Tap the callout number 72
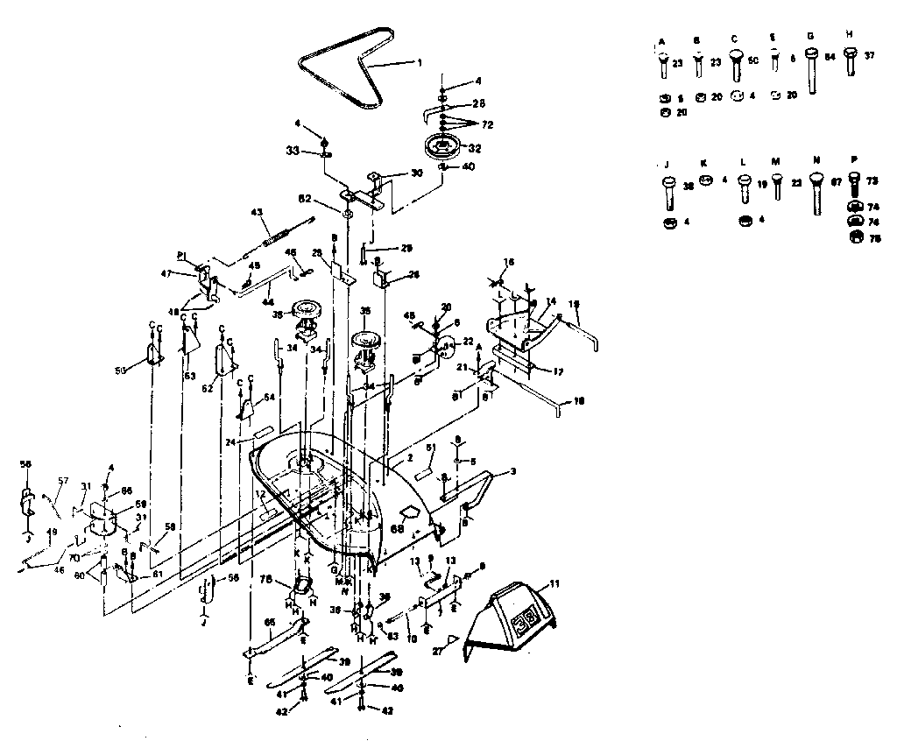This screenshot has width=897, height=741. (487, 125)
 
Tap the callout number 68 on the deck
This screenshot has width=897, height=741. (397, 528)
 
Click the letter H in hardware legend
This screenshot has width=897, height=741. (850, 33)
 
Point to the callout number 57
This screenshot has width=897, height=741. (62, 481)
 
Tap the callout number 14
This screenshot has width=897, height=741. (551, 300)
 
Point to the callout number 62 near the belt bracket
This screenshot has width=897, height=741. (328, 200)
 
